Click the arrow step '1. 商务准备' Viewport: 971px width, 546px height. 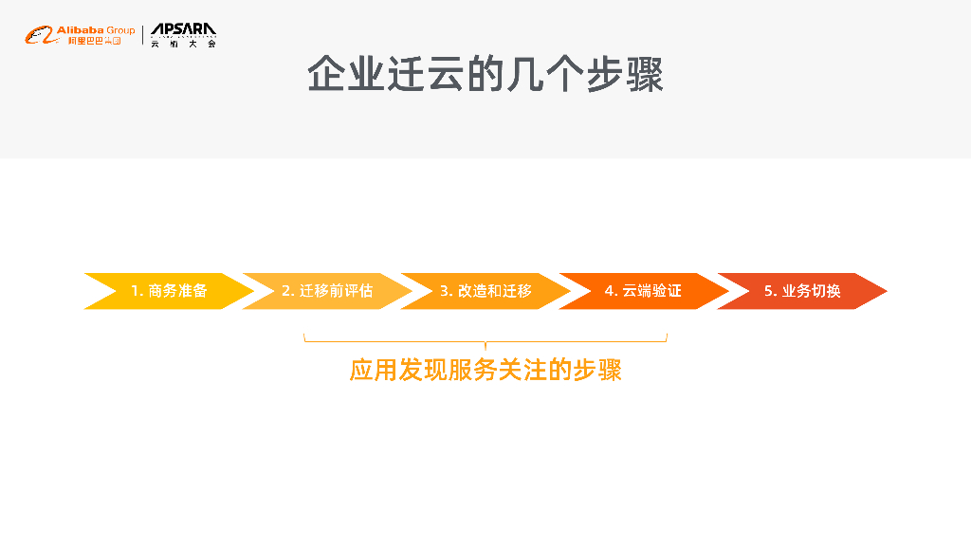point(168,291)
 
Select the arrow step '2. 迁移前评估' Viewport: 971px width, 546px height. point(326,291)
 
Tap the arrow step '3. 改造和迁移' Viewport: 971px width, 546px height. point(485,291)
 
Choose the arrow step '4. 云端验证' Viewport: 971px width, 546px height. point(643,291)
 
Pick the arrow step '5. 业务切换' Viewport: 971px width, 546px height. point(802,291)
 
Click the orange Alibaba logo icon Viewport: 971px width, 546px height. point(39,36)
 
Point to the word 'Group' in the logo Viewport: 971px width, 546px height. point(120,30)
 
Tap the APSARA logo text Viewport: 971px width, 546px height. point(183,30)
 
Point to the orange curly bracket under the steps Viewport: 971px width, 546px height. point(485,339)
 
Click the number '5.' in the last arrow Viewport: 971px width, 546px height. point(771,291)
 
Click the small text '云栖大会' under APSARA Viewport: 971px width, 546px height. point(183,44)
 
